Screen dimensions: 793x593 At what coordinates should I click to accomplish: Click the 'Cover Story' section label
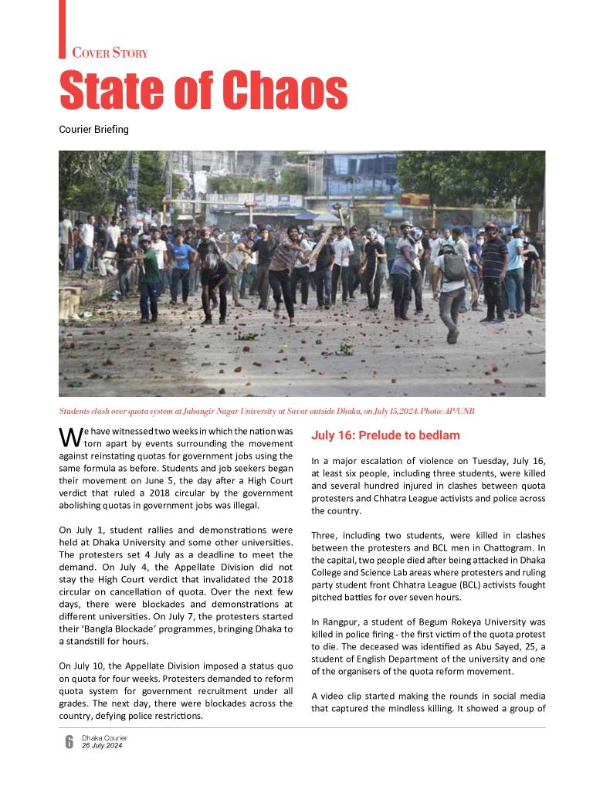(x=110, y=53)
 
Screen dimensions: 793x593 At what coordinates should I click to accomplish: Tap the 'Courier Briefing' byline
(x=94, y=130)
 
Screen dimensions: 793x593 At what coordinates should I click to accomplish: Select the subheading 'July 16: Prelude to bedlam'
(x=385, y=435)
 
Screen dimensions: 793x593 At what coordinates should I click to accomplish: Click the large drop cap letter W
(x=69, y=436)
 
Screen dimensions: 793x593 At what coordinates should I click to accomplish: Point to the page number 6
(x=69, y=742)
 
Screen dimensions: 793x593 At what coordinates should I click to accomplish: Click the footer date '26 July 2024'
(x=102, y=746)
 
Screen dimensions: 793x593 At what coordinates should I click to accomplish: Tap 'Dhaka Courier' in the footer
(x=104, y=738)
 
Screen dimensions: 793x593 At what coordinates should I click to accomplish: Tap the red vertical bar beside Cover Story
(x=63, y=29)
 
